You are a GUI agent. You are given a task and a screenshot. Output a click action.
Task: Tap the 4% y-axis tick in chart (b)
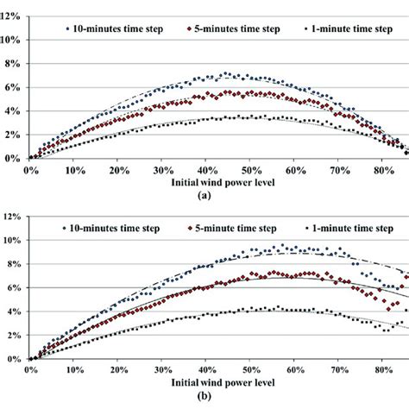tap(12, 311)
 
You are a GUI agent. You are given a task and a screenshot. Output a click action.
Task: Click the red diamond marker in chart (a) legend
tap(175, 28)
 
